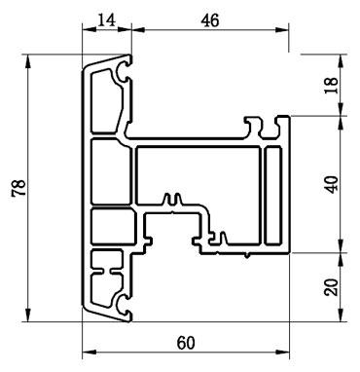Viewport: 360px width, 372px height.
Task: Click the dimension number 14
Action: (104, 19)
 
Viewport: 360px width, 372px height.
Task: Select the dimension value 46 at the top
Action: (209, 19)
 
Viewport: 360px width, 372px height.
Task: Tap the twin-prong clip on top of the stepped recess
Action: (174, 202)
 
